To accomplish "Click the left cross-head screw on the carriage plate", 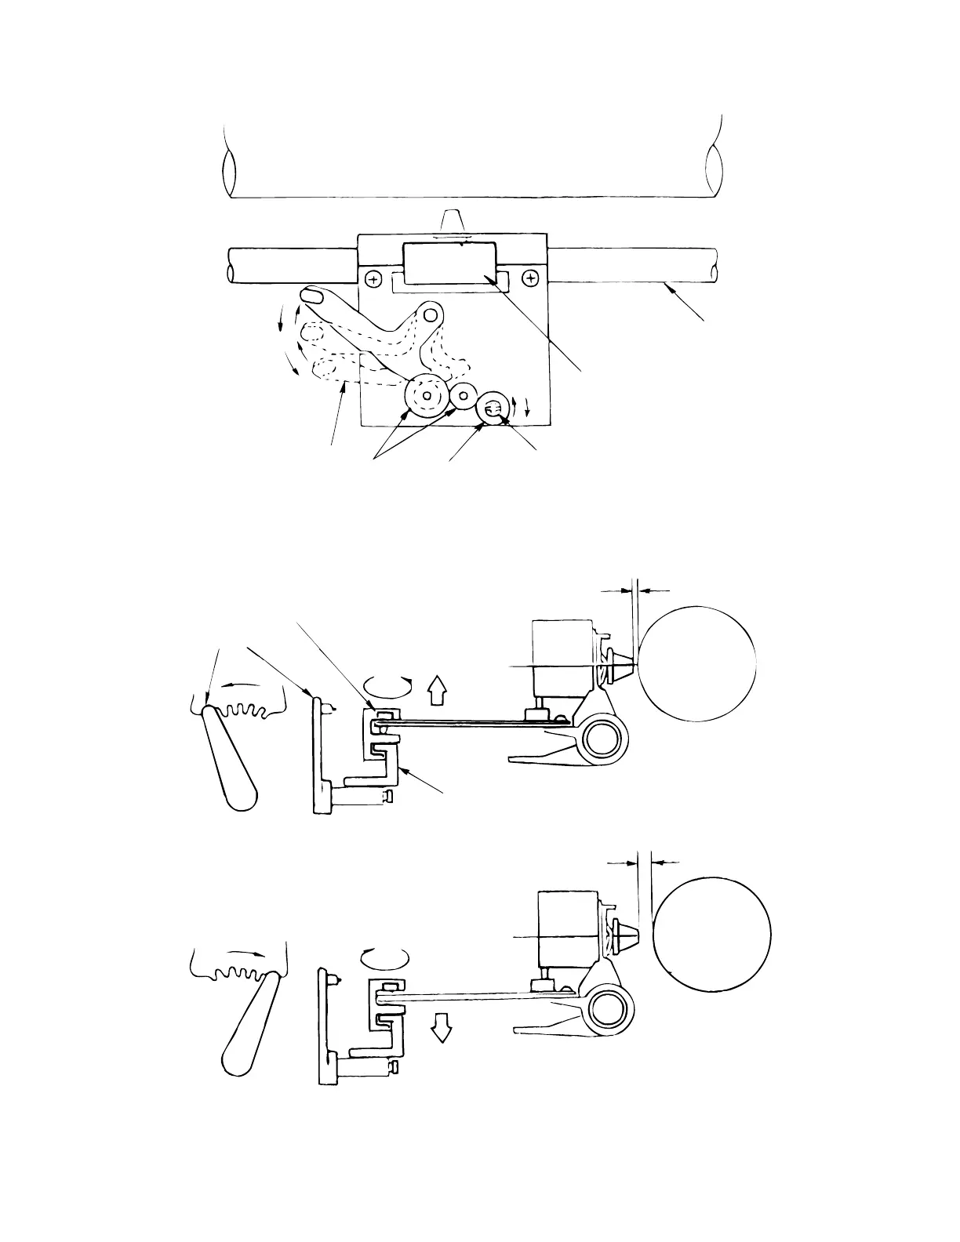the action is coord(374,278).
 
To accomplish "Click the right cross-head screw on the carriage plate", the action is coord(532,278).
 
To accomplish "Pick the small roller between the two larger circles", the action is coord(464,394).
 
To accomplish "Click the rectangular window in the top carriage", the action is coord(452,262).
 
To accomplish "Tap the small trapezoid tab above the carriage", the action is coord(452,220).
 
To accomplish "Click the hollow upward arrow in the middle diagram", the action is coord(437,693).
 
